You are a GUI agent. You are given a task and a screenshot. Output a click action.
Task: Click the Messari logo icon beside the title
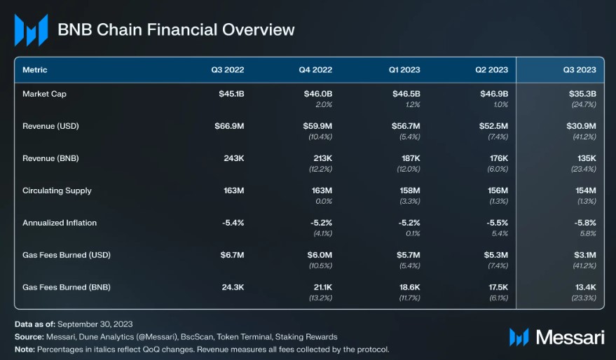[x=31, y=30]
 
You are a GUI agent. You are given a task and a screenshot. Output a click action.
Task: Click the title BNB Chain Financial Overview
[x=176, y=30]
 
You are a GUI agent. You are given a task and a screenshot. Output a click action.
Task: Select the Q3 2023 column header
[x=580, y=70]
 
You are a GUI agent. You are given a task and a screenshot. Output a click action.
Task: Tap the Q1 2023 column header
[x=405, y=70]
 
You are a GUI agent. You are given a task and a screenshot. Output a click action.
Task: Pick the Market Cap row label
[x=44, y=93]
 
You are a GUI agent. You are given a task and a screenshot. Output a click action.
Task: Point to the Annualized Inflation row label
[x=60, y=223]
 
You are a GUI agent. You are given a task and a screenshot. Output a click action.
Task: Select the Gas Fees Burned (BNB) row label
[x=67, y=287]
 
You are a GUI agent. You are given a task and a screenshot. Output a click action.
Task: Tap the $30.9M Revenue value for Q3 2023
[x=581, y=126]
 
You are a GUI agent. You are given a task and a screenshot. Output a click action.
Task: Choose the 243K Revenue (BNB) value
[x=232, y=158]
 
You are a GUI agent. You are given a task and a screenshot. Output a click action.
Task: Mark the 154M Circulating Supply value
[x=584, y=191]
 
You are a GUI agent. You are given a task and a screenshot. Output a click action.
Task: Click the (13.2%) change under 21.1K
[x=320, y=298]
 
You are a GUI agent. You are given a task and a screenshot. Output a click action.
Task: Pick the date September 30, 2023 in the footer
[x=95, y=325]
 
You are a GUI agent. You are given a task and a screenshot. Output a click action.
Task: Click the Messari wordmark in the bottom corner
[x=570, y=337]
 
